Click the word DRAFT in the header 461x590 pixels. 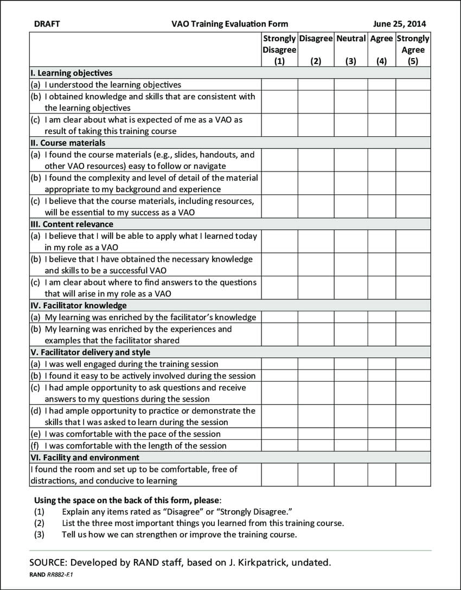pyautogui.click(x=47, y=24)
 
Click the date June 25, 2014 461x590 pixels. pyautogui.click(x=400, y=24)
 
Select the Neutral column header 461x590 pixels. pyautogui.click(x=351, y=39)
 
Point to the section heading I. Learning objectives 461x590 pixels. pyautogui.click(x=71, y=73)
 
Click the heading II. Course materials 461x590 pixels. pyautogui.click(x=68, y=143)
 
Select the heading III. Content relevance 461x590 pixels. pyautogui.click(x=72, y=224)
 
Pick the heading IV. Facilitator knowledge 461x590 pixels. pyautogui.click(x=78, y=306)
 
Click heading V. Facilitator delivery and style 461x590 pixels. pyautogui.click(x=90, y=352)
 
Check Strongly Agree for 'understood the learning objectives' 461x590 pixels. pyautogui.click(x=413, y=85)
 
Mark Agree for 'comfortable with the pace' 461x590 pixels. pyautogui.click(x=381, y=434)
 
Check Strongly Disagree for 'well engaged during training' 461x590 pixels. pyautogui.click(x=279, y=364)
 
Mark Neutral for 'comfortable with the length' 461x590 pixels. pyautogui.click(x=351, y=446)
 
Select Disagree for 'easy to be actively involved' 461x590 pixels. pyautogui.click(x=316, y=376)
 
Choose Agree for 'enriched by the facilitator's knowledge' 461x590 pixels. pyautogui.click(x=381, y=318)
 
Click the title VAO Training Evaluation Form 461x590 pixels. pyautogui.click(x=229, y=24)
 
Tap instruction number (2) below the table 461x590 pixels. pyautogui.click(x=39, y=523)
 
